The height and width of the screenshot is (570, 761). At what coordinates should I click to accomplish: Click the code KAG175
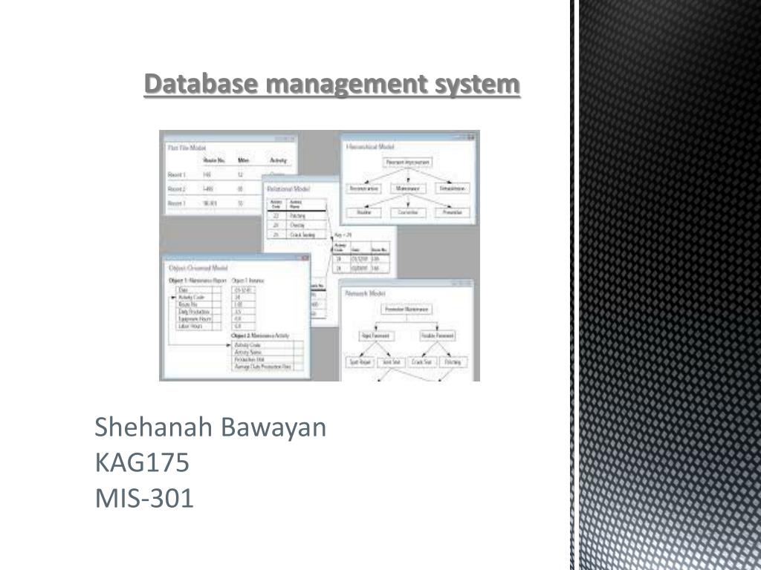click(142, 462)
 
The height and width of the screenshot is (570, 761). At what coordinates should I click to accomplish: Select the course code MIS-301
click(144, 498)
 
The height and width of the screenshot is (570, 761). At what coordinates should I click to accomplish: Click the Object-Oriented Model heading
click(198, 267)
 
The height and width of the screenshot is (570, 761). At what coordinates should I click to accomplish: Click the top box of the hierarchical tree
click(408, 162)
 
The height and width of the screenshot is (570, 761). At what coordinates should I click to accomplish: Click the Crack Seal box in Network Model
click(422, 361)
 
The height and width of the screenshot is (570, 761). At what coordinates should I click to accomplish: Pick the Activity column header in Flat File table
click(278, 159)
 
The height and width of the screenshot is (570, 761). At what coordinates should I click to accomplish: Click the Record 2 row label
click(176, 189)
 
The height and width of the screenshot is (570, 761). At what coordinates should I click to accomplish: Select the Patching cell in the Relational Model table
click(299, 215)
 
